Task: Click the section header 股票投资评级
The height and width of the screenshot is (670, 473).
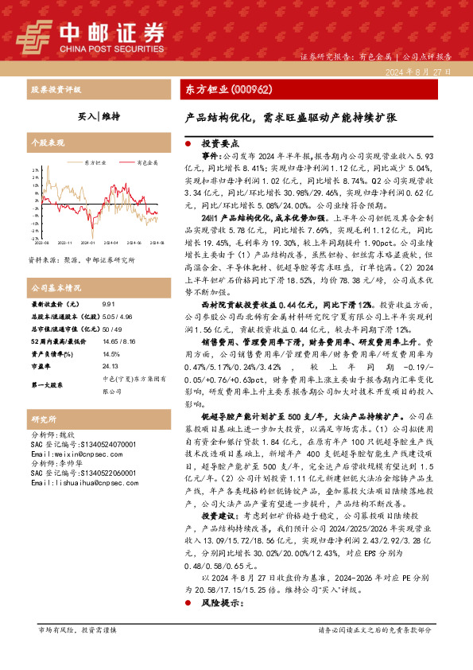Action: (52, 89)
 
